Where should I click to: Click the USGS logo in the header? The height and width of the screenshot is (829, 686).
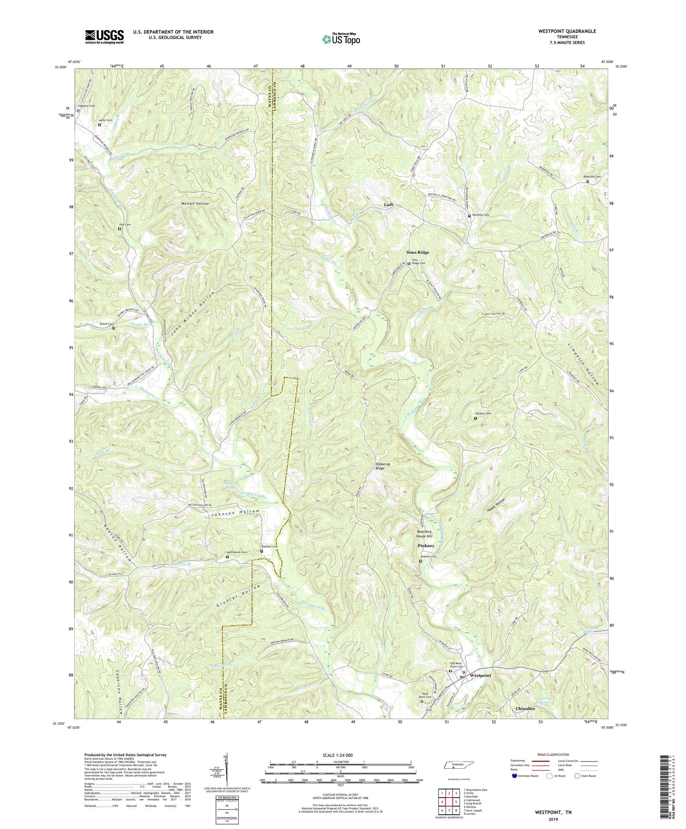point(104,37)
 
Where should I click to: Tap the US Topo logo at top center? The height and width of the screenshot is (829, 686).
point(340,39)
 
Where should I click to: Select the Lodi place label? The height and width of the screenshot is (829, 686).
point(388,205)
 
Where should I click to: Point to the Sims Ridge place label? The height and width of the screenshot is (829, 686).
point(417,252)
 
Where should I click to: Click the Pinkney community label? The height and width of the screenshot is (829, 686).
point(426,546)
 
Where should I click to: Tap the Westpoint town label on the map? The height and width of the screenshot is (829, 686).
point(480,675)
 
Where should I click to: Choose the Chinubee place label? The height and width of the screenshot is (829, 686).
point(525,708)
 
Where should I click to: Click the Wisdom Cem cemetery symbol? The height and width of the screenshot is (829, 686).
point(475,418)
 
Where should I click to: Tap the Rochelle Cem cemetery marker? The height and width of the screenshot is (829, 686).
point(470,216)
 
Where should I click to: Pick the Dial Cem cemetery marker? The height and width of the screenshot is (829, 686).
point(120,229)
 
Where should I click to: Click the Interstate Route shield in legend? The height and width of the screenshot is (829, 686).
point(516,776)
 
